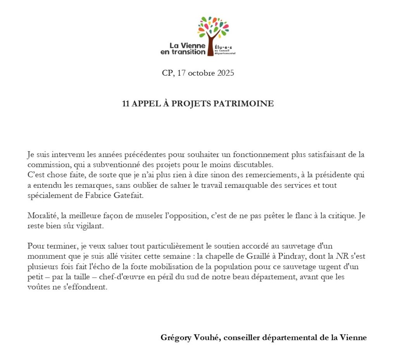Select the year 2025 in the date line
click(224, 73)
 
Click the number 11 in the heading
click(126, 104)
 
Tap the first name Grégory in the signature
click(176, 337)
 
